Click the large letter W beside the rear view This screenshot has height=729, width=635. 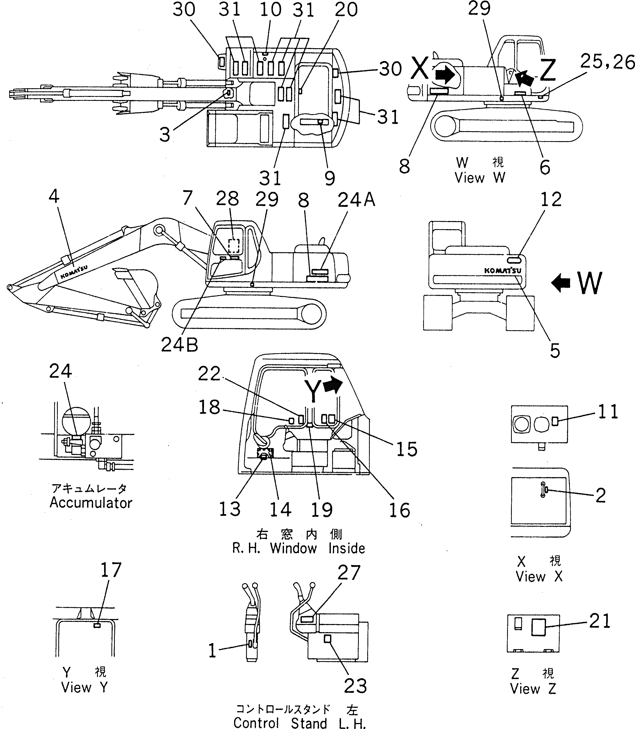pyautogui.click(x=589, y=283)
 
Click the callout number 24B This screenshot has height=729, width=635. pyautogui.click(x=179, y=344)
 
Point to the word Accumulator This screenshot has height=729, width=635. pyautogui.click(x=91, y=503)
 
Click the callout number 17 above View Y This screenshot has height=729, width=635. pyautogui.click(x=111, y=570)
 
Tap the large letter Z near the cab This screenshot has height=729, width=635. pyautogui.click(x=547, y=70)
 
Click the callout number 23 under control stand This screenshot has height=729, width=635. pyautogui.click(x=355, y=686)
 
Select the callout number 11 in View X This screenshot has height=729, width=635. pyautogui.click(x=608, y=412)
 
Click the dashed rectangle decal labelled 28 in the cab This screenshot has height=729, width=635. pyautogui.click(x=234, y=245)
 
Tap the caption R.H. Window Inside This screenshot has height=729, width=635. pyautogui.click(x=298, y=548)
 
